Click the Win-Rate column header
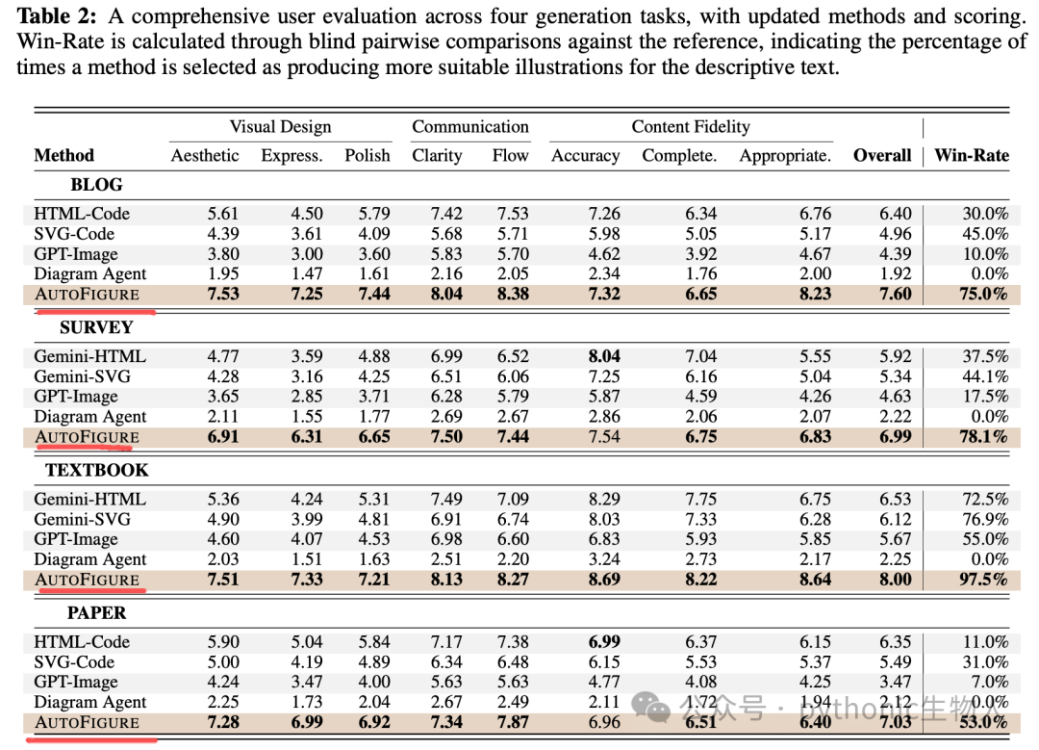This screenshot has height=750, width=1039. (x=972, y=155)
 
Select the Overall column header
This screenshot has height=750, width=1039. (x=882, y=155)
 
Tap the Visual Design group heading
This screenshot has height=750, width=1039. (x=280, y=127)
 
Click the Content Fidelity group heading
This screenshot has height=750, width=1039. (x=691, y=127)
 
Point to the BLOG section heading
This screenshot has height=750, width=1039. (x=97, y=184)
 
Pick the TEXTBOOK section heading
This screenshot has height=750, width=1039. (x=97, y=470)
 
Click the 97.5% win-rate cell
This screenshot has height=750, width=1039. (x=983, y=579)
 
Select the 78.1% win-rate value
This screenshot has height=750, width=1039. (x=983, y=436)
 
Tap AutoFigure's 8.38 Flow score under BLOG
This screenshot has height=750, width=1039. (x=513, y=294)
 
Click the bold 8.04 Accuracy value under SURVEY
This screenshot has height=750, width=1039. (x=604, y=356)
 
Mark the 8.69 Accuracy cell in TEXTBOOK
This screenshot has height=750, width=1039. (x=604, y=579)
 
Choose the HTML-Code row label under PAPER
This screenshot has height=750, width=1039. (x=82, y=642)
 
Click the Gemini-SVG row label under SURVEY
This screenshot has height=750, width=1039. (x=82, y=376)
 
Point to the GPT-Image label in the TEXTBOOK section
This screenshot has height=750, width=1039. (x=76, y=539)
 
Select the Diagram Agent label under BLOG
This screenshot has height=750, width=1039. (x=90, y=273)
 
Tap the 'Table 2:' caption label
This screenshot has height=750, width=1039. (x=57, y=16)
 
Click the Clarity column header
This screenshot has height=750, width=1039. (x=437, y=155)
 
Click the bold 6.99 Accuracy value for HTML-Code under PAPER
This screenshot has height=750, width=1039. (x=604, y=642)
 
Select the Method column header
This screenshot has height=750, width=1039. (x=63, y=155)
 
